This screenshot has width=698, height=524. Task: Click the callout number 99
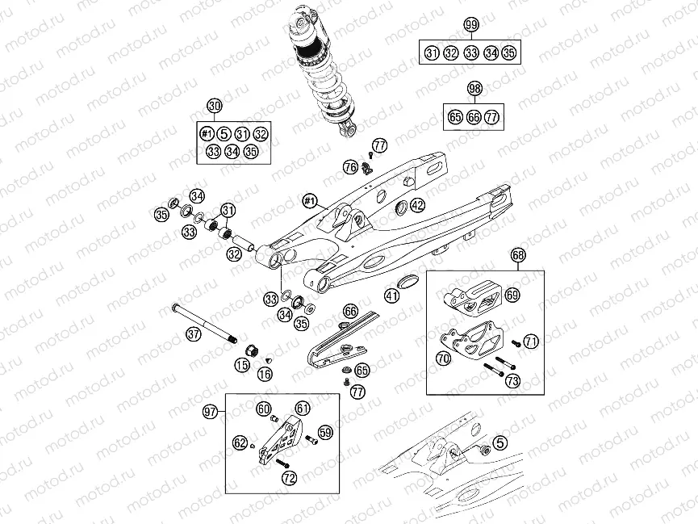471,25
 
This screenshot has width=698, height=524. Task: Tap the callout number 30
214,106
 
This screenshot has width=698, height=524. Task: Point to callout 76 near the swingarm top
349,167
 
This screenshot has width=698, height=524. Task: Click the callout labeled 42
416,205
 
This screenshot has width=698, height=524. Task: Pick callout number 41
391,296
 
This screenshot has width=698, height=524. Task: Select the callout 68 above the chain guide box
518,256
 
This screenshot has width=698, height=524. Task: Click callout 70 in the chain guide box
444,358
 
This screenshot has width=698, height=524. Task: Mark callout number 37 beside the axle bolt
192,333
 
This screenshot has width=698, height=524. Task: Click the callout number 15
241,366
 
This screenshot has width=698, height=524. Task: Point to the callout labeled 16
264,374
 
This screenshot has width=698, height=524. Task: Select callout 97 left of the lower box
211,412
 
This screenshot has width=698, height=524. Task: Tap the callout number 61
302,409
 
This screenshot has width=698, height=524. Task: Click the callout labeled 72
289,478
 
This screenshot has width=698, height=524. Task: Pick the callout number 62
240,442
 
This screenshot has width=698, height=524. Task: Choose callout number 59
325,432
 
